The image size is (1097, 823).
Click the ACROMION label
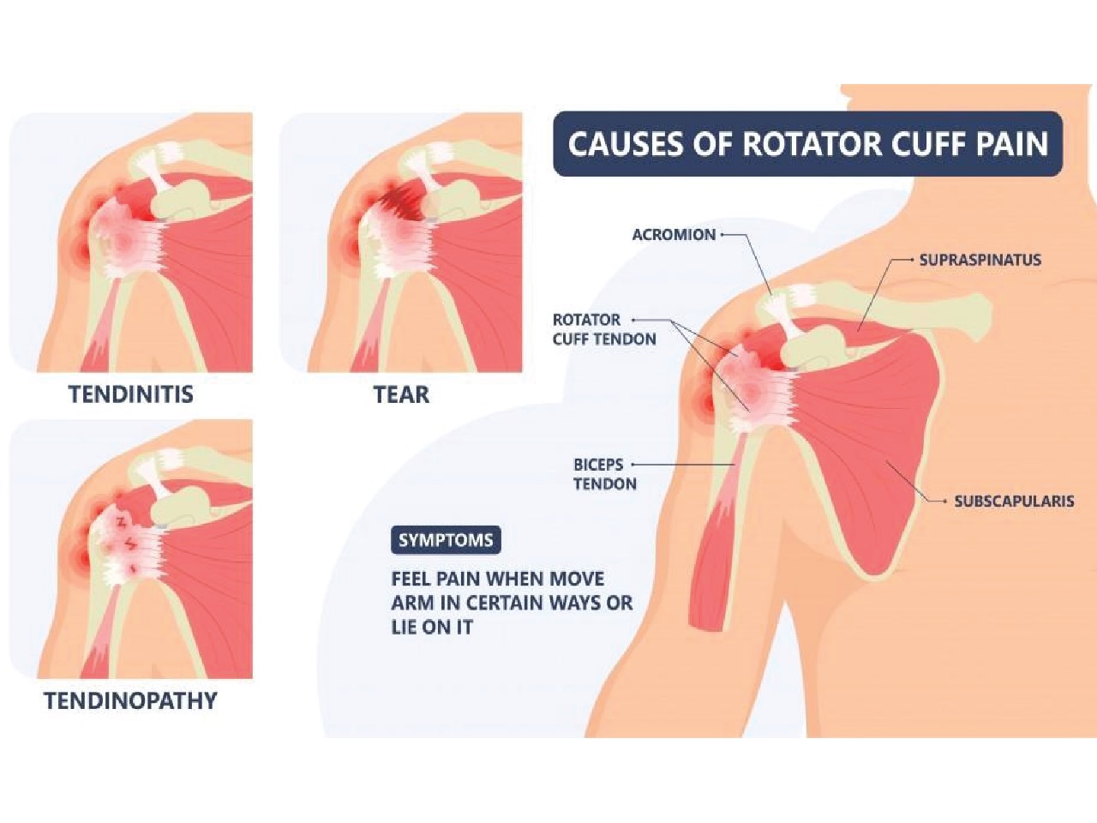(674, 234)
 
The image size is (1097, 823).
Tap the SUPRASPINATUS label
(980, 259)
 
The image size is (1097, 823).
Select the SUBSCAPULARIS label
(1014, 501)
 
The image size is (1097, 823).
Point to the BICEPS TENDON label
(605, 474)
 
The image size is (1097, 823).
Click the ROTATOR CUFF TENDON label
(604, 329)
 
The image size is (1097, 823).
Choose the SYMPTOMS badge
(446, 540)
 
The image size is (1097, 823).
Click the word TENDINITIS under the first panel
(131, 394)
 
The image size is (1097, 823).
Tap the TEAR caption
(401, 394)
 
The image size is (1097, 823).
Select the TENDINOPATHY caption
(131, 700)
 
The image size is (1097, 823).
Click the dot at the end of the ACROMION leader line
(723, 234)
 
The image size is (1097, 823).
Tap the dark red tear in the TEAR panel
(396, 206)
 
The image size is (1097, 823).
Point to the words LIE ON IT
(432, 627)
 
